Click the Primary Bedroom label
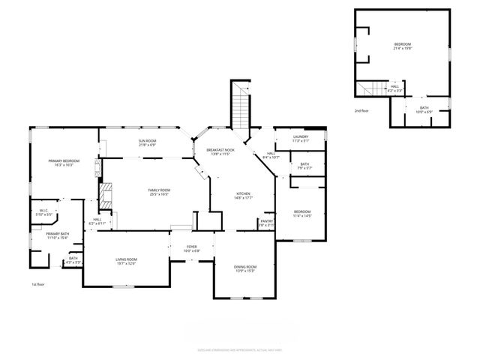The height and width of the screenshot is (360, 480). point(64,163)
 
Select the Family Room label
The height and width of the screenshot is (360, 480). point(159,192)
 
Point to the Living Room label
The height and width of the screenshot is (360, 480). point(126,261)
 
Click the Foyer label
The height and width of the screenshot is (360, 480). point(191,249)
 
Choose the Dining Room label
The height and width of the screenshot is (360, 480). point(246,268)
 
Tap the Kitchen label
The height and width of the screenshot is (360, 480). point(243,195)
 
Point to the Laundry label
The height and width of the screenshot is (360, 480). point(301,138)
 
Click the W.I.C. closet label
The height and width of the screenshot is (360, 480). point(43,212)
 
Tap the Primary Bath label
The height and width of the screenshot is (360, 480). point(57,235)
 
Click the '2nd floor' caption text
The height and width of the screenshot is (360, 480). point(362,111)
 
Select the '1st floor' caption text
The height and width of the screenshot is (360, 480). point(38,285)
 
